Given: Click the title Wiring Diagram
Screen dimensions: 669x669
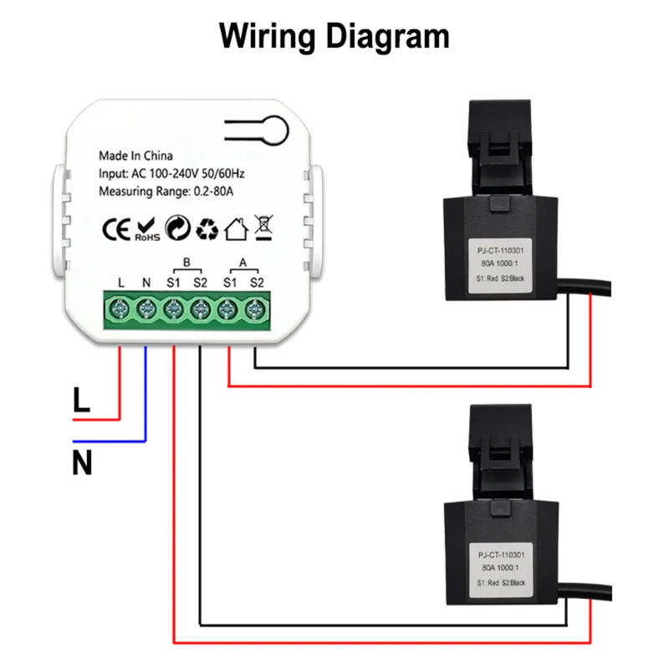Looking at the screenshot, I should [x=334, y=37].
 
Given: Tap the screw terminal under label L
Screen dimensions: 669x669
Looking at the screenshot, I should [x=120, y=310].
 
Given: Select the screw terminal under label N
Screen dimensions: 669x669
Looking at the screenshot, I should [x=147, y=310].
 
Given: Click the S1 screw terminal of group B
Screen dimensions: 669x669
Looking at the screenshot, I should [x=174, y=310].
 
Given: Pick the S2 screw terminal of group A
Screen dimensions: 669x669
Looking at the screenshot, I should [x=254, y=310].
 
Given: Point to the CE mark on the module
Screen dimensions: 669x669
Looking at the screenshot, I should [x=115, y=229].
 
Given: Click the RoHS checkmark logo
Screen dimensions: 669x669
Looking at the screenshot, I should [x=146, y=229].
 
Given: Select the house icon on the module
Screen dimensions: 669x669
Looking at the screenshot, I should [x=236, y=228].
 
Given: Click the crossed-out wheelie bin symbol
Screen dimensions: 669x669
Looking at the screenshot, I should [x=263, y=228].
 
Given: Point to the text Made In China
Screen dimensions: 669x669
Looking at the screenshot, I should [x=135, y=156].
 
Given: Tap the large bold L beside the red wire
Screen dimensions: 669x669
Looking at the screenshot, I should [x=81, y=400].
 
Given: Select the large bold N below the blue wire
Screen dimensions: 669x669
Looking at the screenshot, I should [x=82, y=462].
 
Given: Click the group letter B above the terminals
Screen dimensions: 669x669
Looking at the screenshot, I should [x=186, y=263].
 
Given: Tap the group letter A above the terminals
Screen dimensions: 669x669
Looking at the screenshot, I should [x=243, y=263].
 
